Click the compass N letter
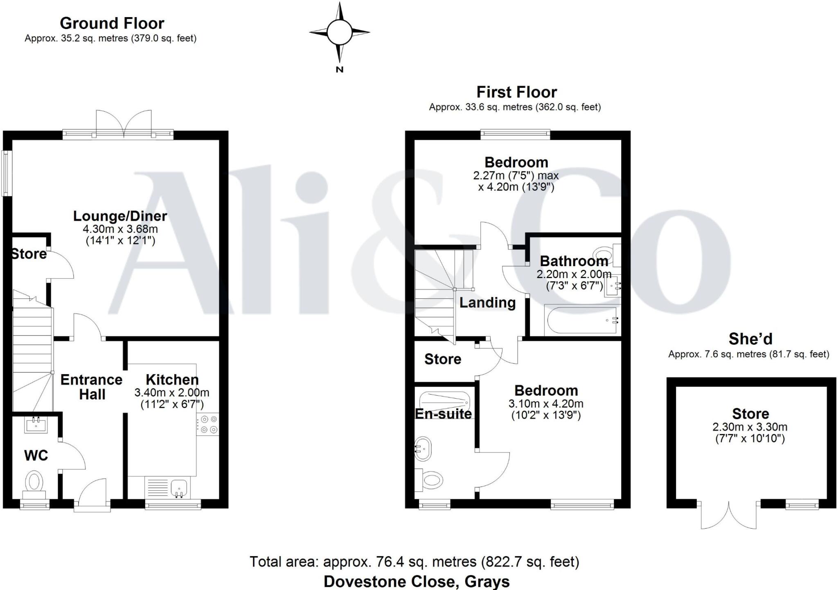click(339, 70)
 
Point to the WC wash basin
click(36, 425)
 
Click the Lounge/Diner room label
click(120, 216)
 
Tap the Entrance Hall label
click(92, 387)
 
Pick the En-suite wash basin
click(423, 449)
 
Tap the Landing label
click(487, 303)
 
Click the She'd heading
click(750, 339)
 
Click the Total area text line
click(414, 562)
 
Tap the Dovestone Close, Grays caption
click(417, 581)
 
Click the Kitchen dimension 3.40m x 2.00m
click(172, 393)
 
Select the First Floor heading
click(516, 92)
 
